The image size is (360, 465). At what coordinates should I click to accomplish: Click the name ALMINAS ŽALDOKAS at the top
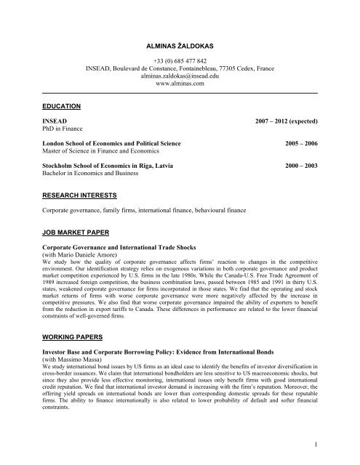[x=179, y=46]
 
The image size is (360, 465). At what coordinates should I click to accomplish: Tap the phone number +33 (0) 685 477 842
[x=179, y=61]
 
